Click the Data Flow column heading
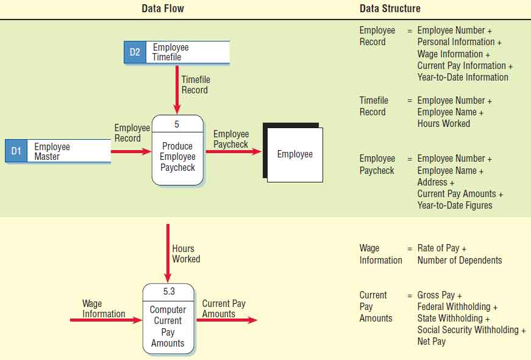[x=163, y=9]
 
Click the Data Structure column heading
[x=390, y=9]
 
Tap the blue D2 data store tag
[x=135, y=52]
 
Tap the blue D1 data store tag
[x=16, y=151]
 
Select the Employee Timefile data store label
[x=171, y=52]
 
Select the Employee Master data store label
[x=52, y=151]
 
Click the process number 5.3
[x=168, y=292]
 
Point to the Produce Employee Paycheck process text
[x=177, y=157]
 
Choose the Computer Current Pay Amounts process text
[x=168, y=326]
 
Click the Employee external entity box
[x=294, y=154]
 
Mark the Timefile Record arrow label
[x=194, y=85]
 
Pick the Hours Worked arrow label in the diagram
[x=185, y=254]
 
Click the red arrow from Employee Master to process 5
[x=130, y=151]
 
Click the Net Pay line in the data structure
[x=431, y=342]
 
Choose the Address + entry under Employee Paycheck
[x=435, y=182]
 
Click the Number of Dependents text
[x=459, y=260]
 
